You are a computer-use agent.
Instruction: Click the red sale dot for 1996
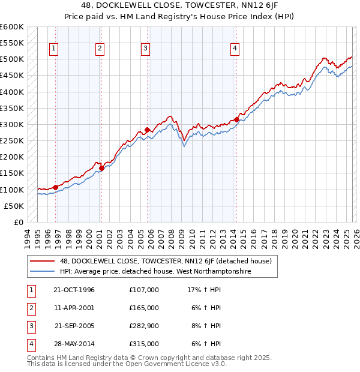[x=56, y=187]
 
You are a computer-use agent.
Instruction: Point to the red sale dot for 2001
[x=101, y=169]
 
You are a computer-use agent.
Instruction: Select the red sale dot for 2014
[x=236, y=119]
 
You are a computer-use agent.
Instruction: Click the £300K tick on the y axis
[x=12, y=125]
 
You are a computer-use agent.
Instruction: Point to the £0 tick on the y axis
[x=18, y=222]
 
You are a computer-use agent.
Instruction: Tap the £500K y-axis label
[x=12, y=59]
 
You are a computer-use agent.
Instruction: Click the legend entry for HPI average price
[x=155, y=272]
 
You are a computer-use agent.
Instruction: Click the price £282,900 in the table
[x=144, y=327]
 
